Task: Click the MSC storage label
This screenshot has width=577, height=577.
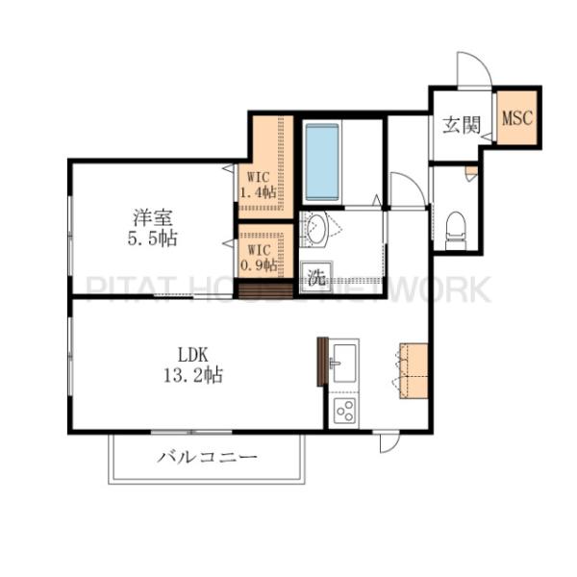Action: pyautogui.click(x=517, y=117)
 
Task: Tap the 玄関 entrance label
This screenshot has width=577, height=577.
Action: pyautogui.click(x=462, y=125)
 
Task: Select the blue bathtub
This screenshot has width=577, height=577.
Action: pyautogui.click(x=322, y=163)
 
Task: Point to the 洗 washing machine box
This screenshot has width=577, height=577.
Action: pyautogui.click(x=316, y=277)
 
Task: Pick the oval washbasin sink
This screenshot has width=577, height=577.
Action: pyautogui.click(x=316, y=229)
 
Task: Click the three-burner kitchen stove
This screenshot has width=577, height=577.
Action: pyautogui.click(x=344, y=411)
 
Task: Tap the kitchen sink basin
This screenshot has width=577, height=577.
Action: pyautogui.click(x=344, y=364)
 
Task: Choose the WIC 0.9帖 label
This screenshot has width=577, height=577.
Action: pyautogui.click(x=259, y=258)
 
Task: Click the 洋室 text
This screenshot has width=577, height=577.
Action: pyautogui.click(x=152, y=217)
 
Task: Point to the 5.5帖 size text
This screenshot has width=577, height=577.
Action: pyautogui.click(x=152, y=238)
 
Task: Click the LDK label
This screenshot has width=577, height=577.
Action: pyautogui.click(x=193, y=355)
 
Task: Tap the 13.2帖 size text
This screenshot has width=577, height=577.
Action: pyautogui.click(x=193, y=376)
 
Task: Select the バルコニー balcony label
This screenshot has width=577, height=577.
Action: pyautogui.click(x=207, y=458)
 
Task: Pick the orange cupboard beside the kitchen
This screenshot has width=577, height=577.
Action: pyautogui.click(x=414, y=371)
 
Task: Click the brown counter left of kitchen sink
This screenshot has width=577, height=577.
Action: pyautogui.click(x=322, y=362)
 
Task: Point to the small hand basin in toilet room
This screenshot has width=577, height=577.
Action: pyautogui.click(x=471, y=173)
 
